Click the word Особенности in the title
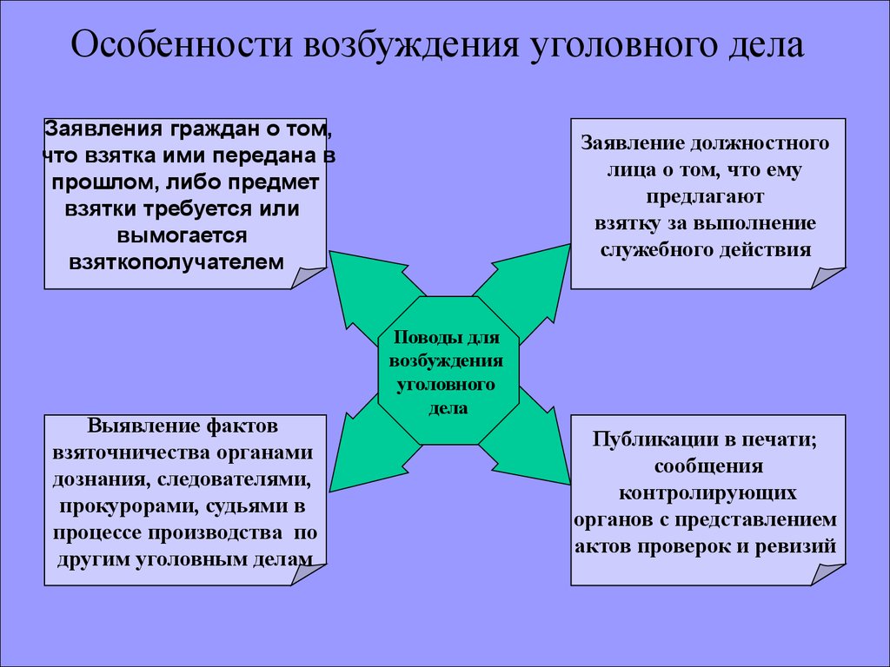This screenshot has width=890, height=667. [182, 44]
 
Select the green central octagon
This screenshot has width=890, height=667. [448, 370]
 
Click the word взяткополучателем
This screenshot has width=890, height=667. [176, 262]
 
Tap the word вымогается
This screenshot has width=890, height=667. [182, 235]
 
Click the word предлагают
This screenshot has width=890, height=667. [704, 197]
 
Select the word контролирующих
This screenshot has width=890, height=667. [707, 492]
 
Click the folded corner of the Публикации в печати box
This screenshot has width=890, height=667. [826, 573]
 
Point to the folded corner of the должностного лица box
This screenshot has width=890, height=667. [826, 277]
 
